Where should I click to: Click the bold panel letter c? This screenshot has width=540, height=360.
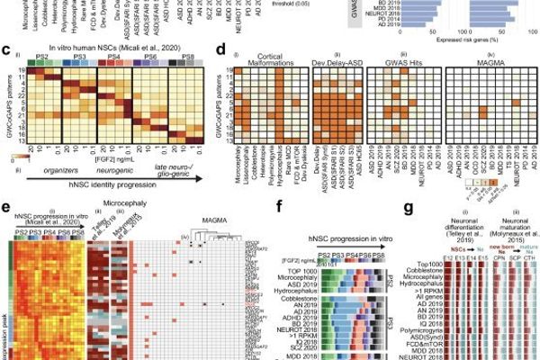coord(5,53)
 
